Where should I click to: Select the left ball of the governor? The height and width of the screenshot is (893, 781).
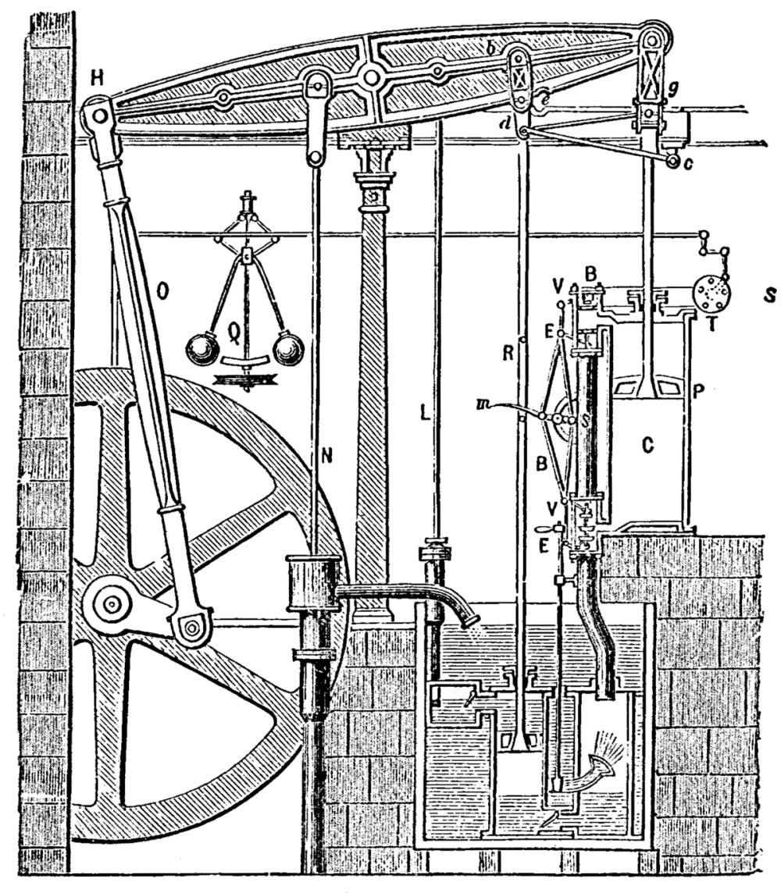[202, 348]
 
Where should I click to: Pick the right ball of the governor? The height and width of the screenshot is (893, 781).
[288, 348]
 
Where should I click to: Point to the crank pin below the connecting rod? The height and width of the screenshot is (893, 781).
[191, 625]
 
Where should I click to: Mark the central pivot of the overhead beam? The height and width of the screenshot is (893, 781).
[371, 76]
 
